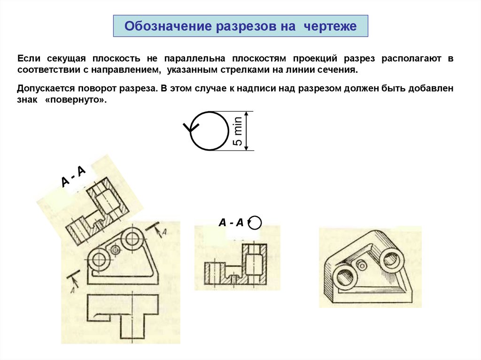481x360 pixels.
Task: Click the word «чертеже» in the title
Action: (330, 26)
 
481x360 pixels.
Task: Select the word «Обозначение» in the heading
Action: (168, 26)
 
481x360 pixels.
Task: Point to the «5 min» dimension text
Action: (238, 131)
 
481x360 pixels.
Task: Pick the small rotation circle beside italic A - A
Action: (255, 217)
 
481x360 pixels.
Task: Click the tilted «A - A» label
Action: (73, 176)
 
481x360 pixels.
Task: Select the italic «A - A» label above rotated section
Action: (231, 222)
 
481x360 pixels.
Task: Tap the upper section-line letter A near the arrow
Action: (164, 232)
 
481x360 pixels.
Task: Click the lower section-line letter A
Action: (73, 290)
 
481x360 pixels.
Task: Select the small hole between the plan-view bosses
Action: (116, 250)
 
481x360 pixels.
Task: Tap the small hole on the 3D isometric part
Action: (362, 265)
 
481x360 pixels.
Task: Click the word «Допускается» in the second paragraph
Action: (46, 89)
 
